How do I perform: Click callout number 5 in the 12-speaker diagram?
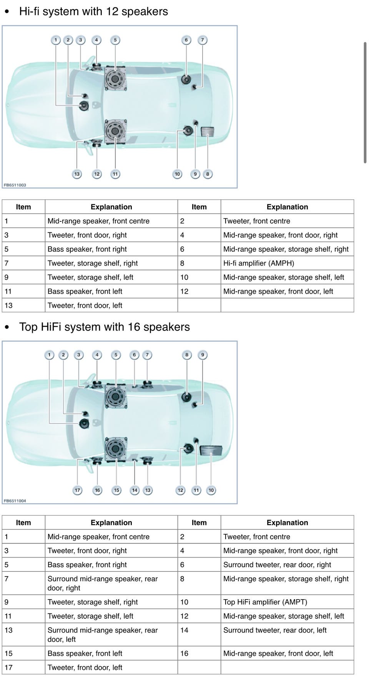click(x=115, y=40)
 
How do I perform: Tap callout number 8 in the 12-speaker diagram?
click(x=208, y=174)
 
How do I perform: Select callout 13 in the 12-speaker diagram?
click(x=77, y=174)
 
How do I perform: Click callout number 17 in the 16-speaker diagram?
click(x=78, y=490)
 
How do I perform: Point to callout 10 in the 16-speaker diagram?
click(x=211, y=490)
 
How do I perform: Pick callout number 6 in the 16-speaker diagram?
click(x=134, y=355)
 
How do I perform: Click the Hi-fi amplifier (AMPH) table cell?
click(x=258, y=263)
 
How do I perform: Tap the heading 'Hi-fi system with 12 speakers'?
click(x=93, y=12)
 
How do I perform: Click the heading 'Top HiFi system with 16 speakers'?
click(x=104, y=327)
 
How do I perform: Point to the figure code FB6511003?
click(x=15, y=185)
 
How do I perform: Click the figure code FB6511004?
click(x=15, y=501)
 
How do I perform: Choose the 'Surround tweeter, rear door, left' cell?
click(x=274, y=630)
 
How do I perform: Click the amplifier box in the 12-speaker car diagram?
click(x=208, y=131)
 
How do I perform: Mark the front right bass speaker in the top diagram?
click(x=115, y=79)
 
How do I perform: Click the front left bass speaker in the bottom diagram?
click(x=115, y=448)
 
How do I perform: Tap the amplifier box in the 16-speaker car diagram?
click(x=211, y=449)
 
